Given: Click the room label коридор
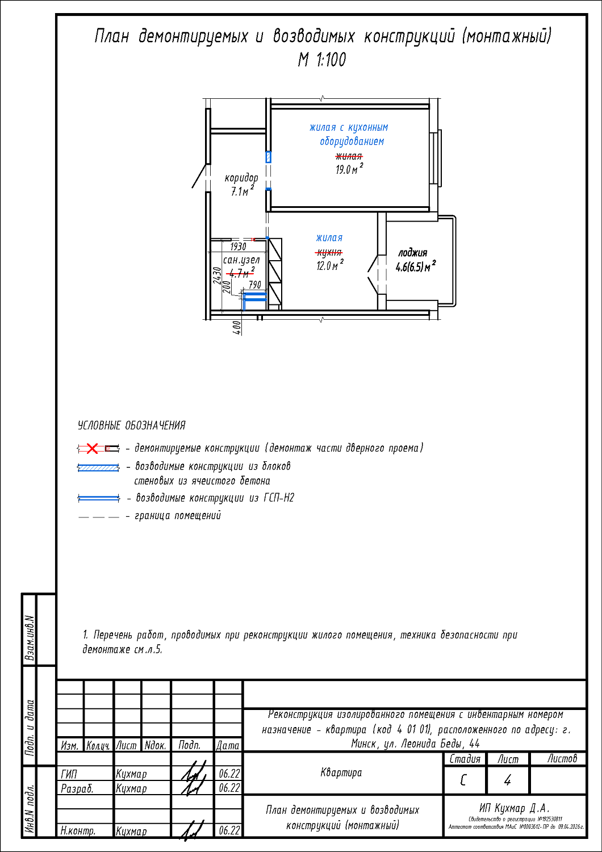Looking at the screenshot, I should click(x=241, y=178).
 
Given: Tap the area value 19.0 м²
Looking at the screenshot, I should click(x=348, y=169).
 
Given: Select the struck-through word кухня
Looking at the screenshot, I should click(x=329, y=252).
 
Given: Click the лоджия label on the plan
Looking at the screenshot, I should click(x=412, y=253).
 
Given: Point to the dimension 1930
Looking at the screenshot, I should click(x=238, y=247).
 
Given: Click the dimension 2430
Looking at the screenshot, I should click(x=216, y=276).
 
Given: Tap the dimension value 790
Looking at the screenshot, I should click(x=255, y=285).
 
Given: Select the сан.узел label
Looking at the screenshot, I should click(x=241, y=260).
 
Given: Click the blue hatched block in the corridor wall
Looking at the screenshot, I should click(x=269, y=157).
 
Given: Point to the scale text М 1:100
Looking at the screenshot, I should click(x=321, y=60).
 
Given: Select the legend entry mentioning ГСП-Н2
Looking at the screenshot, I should click(x=215, y=498).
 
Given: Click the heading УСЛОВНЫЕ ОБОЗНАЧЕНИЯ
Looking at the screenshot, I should click(x=131, y=425).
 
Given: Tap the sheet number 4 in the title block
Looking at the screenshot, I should click(x=507, y=780).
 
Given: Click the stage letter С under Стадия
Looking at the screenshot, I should click(x=463, y=780).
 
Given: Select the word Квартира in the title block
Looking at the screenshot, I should click(x=341, y=772).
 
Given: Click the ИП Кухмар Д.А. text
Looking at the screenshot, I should click(x=514, y=808).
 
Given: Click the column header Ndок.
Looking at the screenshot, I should click(x=155, y=745).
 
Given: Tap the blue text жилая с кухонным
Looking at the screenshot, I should click(x=348, y=128).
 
